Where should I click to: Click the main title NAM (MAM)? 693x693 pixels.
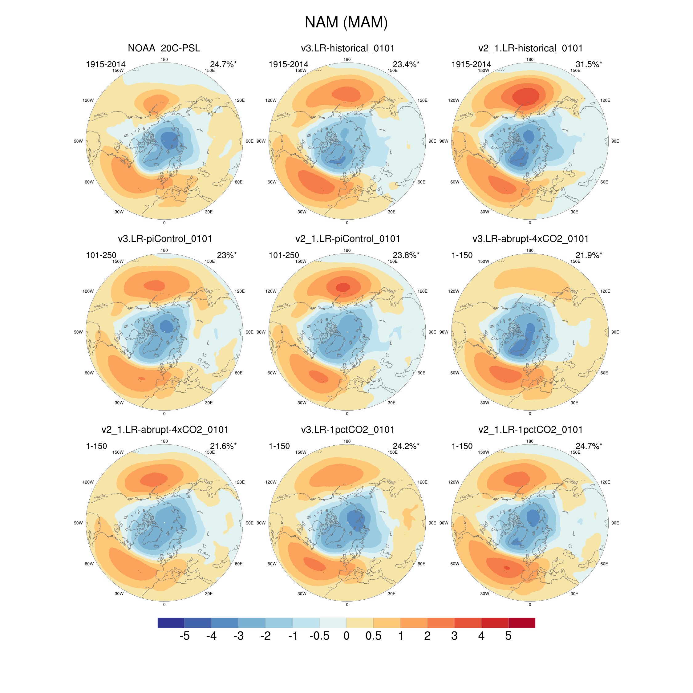pos(346,22)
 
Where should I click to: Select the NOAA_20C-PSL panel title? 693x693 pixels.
pos(164,48)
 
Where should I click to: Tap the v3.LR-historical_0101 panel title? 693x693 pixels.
pos(347,48)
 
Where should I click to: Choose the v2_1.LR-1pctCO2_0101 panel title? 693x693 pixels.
pos(530,430)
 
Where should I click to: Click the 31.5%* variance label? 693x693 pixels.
pos(589,64)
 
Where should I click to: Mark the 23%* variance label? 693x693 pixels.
pos(227,255)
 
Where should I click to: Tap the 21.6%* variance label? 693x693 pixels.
pos(223,446)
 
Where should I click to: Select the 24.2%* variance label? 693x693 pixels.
pos(406,446)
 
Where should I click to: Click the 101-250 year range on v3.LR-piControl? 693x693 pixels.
pos(101,255)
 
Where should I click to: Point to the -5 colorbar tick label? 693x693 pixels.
pos(184,636)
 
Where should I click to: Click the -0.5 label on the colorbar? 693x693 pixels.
pos(319,636)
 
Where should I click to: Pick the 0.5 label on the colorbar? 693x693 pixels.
pos(373,636)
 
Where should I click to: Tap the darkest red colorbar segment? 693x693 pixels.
pos(521,623)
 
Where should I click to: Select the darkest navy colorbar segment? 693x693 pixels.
pos(171,623)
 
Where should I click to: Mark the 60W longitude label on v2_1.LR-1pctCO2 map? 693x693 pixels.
pos(455,564)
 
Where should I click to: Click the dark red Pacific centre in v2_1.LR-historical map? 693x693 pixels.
pos(525,96)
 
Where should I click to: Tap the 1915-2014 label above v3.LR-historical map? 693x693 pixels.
pos(288,64)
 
